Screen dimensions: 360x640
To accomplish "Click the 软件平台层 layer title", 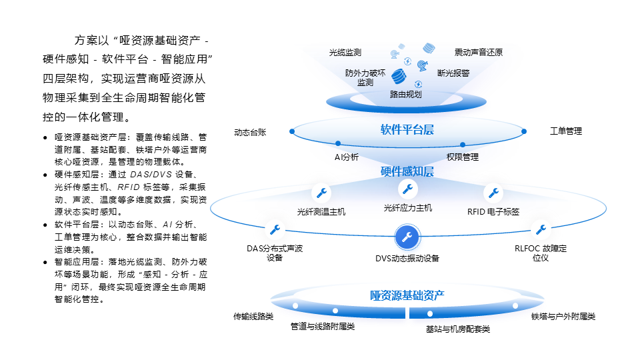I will click(x=407, y=130).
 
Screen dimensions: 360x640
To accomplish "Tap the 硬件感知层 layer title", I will click(x=407, y=172).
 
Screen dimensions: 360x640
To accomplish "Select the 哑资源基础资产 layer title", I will click(x=407, y=295).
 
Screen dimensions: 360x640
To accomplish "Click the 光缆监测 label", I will click(x=345, y=52).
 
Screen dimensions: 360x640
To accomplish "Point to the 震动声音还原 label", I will click(x=479, y=52).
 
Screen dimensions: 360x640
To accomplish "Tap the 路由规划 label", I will click(x=406, y=95).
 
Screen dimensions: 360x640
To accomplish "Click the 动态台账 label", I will click(x=250, y=132).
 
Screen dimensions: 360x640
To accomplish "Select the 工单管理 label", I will click(x=565, y=131).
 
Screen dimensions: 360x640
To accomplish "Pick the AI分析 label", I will click(x=347, y=158).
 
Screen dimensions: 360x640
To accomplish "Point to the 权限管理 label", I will click(x=463, y=158).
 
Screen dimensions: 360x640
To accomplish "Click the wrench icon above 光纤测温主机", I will click(x=321, y=193).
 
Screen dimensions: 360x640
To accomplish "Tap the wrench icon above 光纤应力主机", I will click(x=407, y=188).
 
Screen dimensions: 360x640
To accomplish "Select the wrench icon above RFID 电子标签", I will click(x=493, y=193).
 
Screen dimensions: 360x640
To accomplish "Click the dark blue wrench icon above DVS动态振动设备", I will click(x=407, y=237).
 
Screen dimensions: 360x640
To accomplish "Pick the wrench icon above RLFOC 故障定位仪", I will click(x=541, y=230).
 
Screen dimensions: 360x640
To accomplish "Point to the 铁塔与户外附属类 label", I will click(x=563, y=317).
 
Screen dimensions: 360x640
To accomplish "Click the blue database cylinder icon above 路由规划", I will click(x=399, y=76).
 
